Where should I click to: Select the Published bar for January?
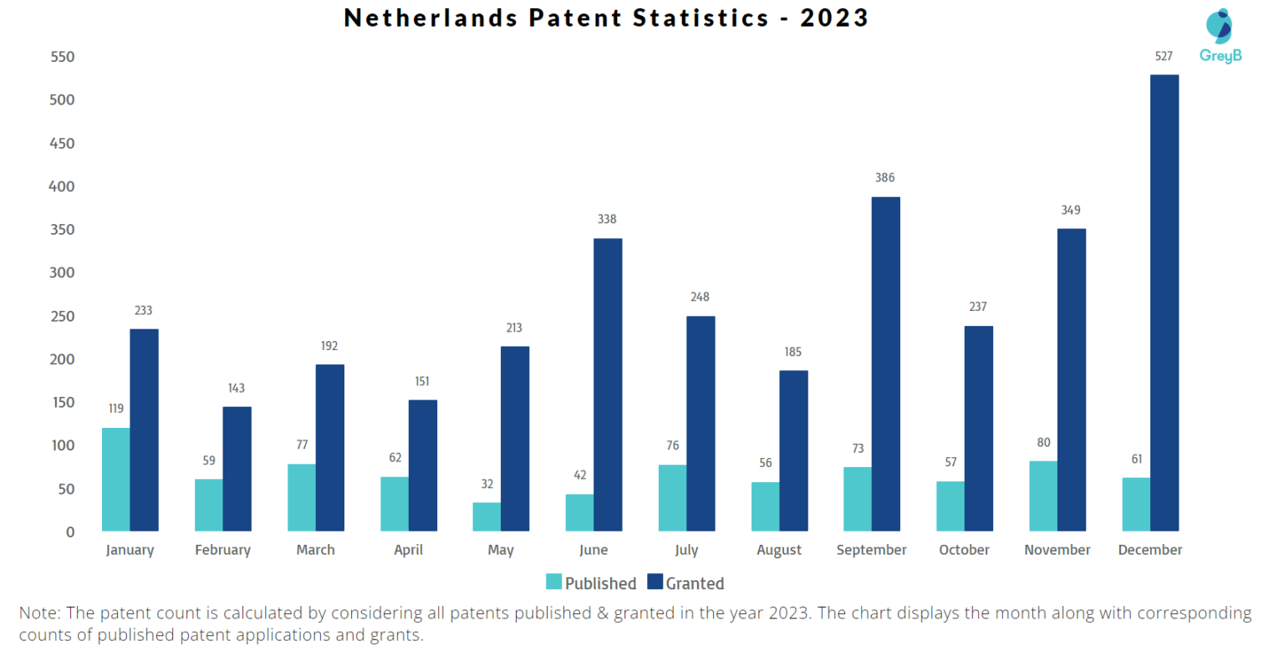pos(116,480)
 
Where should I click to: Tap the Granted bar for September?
pos(885,364)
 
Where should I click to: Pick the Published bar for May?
pos(487,516)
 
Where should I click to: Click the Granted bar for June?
pos(608,384)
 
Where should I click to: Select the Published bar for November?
pos(1042,496)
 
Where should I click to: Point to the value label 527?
pos(1164,56)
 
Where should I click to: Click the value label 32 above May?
pos(487,484)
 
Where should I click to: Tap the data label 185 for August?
pos(792,352)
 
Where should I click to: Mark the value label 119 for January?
pos(116,409)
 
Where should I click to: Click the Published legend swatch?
pos(553,582)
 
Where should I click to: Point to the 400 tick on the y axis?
pos(62,186)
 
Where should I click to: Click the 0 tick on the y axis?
pos(70,531)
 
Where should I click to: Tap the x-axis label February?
pos(222,550)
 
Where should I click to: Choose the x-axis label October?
pos(964,550)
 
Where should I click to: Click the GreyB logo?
pos(1220,36)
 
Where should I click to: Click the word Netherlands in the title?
pos(431,18)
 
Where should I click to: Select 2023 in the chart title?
pos(834,18)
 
